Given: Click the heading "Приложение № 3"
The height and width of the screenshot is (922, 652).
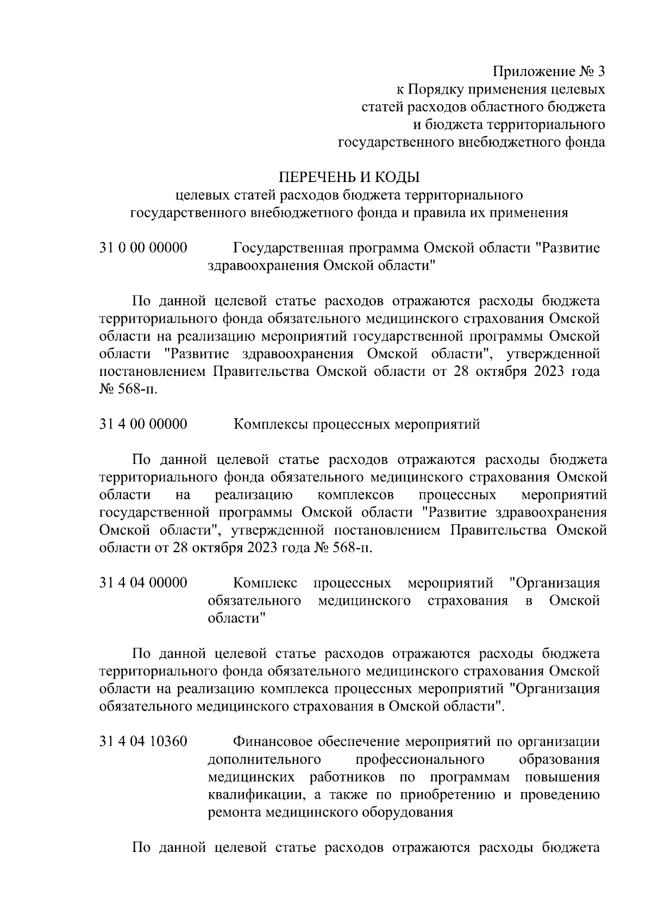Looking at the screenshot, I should click(549, 72).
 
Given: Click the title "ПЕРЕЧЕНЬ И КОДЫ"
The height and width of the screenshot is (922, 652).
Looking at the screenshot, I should click(349, 177).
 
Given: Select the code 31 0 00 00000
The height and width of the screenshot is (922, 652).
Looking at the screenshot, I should click(143, 248).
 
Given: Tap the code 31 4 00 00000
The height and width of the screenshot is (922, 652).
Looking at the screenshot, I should click(143, 424).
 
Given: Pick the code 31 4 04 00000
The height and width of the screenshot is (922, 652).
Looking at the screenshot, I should click(143, 583).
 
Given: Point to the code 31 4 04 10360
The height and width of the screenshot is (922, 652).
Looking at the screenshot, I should click(143, 742).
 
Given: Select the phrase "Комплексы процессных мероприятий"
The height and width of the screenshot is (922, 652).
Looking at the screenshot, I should click(356, 424).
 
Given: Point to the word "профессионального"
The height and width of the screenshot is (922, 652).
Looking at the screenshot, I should click(420, 759).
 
